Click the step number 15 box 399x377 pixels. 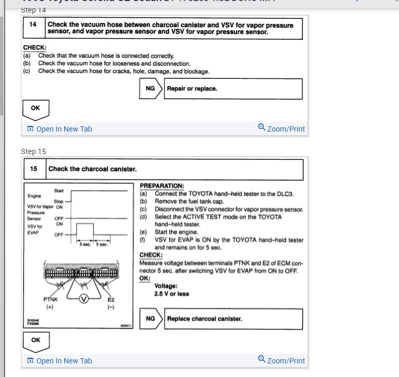tap(34, 169)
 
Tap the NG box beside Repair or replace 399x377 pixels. tap(150, 89)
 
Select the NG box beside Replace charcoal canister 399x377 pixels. tap(150, 319)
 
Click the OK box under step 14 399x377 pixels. tap(36, 109)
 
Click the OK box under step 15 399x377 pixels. tap(36, 340)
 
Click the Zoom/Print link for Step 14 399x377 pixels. tap(281, 128)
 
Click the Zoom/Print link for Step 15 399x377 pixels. tap(281, 360)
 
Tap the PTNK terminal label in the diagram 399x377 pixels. tap(50, 300)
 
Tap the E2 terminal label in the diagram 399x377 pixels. tap(111, 300)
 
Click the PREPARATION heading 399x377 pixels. tap(162, 186)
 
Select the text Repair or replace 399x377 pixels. tap(192, 89)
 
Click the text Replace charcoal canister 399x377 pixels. tap(204, 319)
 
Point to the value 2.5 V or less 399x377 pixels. tap(172, 294)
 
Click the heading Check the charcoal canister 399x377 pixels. tap(92, 169)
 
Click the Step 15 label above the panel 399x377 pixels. tap(33, 151)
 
